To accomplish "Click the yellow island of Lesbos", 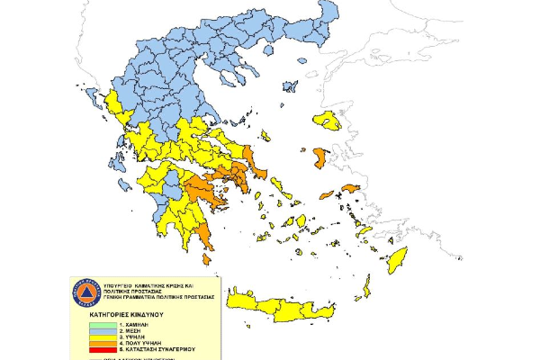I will [x=327, y=121].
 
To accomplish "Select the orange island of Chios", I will [x=319, y=158].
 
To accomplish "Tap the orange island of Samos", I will [x=351, y=189].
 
